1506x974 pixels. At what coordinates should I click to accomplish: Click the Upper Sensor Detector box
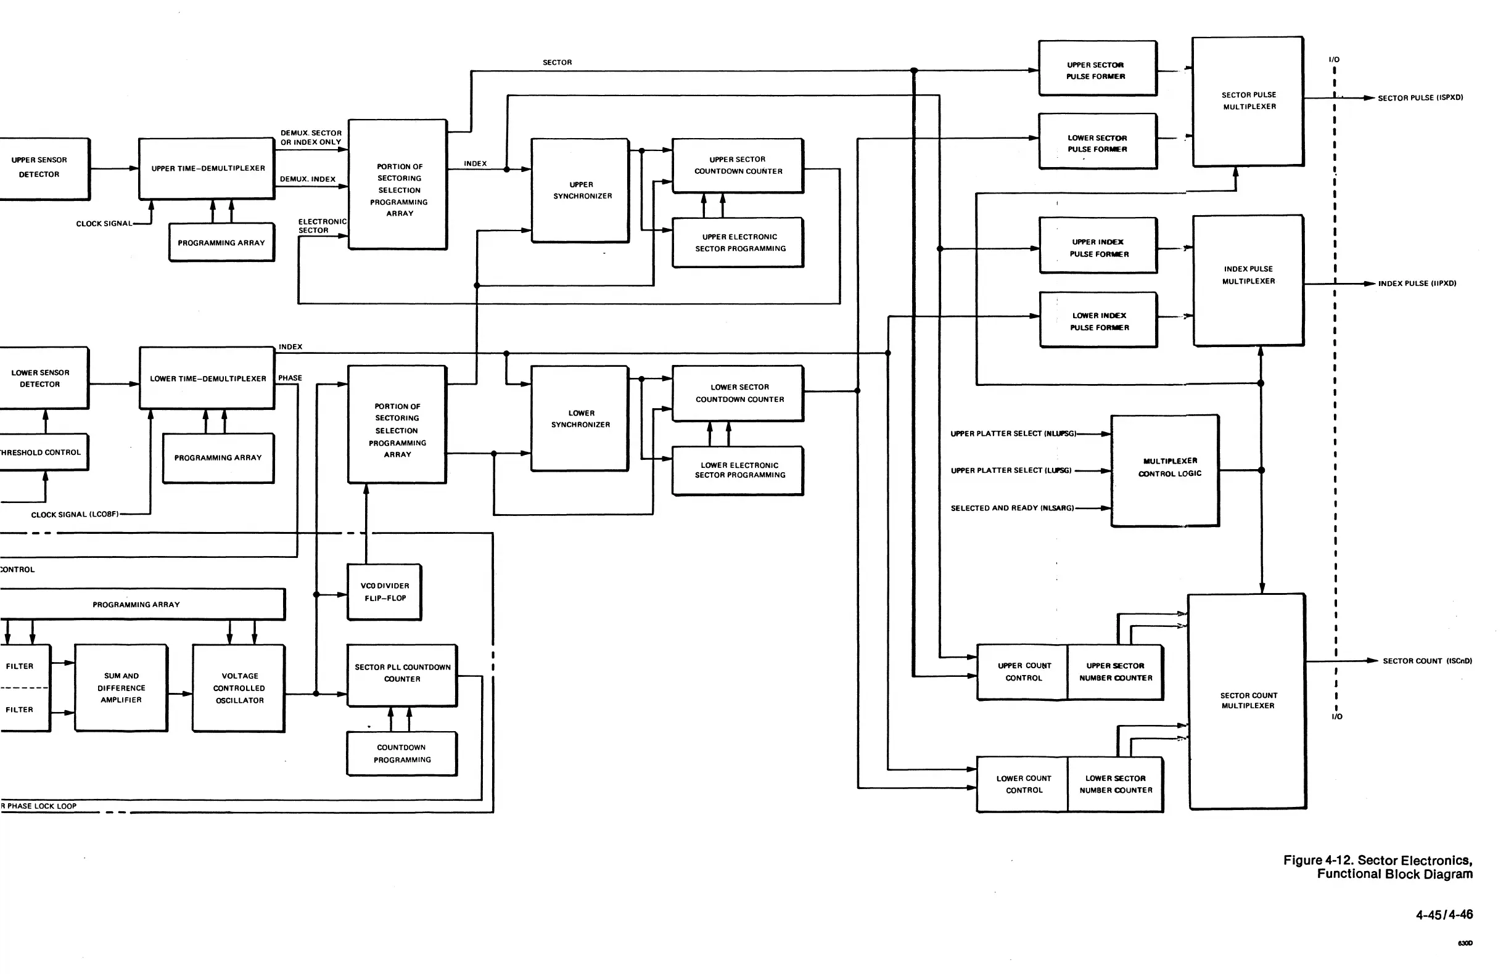point(42,168)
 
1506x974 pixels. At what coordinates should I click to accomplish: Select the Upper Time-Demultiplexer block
point(207,168)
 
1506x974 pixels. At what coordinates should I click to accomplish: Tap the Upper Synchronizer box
point(580,190)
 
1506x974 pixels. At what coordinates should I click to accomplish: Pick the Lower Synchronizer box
point(580,419)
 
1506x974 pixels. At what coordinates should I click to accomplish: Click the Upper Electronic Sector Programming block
point(738,243)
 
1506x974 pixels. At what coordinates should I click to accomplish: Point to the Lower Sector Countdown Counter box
point(738,393)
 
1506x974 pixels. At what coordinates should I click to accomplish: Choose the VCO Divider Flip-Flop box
point(385,592)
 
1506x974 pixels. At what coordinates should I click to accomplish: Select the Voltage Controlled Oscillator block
point(239,688)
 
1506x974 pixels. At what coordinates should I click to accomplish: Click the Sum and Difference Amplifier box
point(121,688)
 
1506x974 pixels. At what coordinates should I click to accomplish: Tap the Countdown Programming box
point(402,753)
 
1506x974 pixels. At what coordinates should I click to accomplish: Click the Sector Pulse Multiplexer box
point(1248,101)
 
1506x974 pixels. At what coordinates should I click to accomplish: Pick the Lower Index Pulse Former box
point(1099,321)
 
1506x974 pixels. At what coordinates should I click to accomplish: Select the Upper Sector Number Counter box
point(1116,673)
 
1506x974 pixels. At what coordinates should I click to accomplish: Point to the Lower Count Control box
point(1023,784)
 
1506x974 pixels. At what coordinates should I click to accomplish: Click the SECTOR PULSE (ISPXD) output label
point(1420,98)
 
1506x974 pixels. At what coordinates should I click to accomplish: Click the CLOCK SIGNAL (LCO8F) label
point(75,514)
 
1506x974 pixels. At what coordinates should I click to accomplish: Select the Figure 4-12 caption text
point(1378,867)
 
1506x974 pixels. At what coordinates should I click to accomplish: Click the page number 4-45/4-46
point(1444,915)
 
